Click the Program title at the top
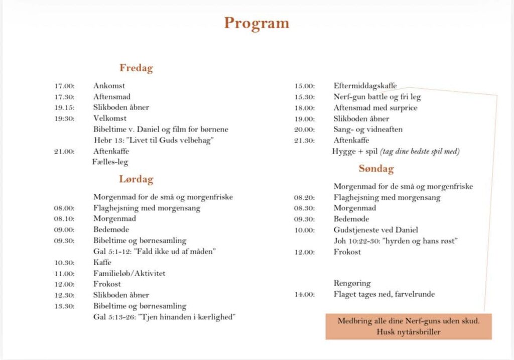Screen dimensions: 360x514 [x=256, y=23]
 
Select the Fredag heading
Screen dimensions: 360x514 [x=136, y=68]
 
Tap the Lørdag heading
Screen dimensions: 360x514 [x=136, y=179]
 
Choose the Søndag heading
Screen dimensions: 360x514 [x=376, y=169]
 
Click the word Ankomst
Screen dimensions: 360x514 [x=109, y=86]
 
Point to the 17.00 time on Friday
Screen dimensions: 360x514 [x=64, y=86]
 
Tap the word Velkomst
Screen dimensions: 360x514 [x=109, y=118]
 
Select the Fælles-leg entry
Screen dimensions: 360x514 [x=110, y=162]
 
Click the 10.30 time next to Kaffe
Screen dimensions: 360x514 [x=64, y=263]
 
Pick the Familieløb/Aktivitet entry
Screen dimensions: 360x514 [x=129, y=274]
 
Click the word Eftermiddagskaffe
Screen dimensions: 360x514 [x=365, y=86]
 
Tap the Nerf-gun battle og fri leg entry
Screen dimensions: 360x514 [x=377, y=97]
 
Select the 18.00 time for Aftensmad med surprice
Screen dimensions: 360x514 [x=304, y=108]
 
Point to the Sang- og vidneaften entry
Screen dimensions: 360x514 [x=368, y=130]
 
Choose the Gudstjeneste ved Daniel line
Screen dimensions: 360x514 [x=375, y=230]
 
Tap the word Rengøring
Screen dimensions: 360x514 [x=352, y=283]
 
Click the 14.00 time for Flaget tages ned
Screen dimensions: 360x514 [x=304, y=294]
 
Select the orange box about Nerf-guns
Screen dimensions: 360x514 [x=408, y=326]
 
